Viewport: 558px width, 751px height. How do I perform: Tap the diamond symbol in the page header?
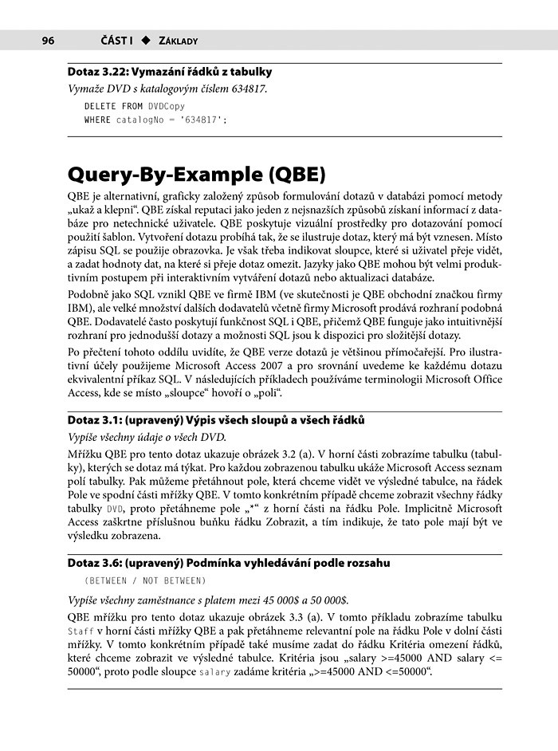146,40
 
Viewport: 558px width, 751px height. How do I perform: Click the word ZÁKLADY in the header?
179,40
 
